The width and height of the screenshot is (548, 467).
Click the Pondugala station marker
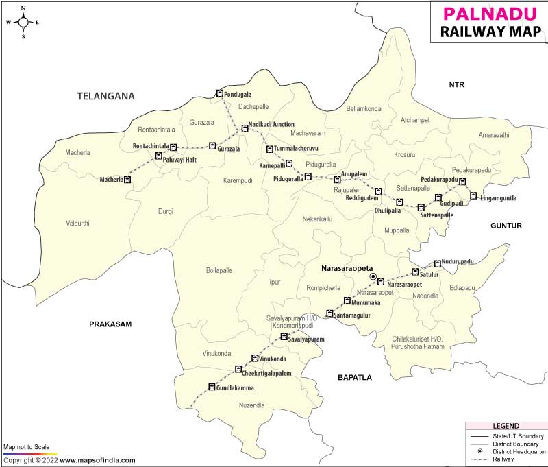coord(220,93)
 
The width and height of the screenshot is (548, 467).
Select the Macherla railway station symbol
coord(127,180)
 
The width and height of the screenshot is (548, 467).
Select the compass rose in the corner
coord(23,21)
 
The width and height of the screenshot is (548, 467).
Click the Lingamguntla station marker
coord(473,196)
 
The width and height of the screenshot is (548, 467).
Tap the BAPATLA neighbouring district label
coord(354,377)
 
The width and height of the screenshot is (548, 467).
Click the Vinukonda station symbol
coord(255,358)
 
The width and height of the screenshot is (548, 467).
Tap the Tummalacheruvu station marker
coord(269,149)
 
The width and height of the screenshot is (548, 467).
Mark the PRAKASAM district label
coord(110,324)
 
